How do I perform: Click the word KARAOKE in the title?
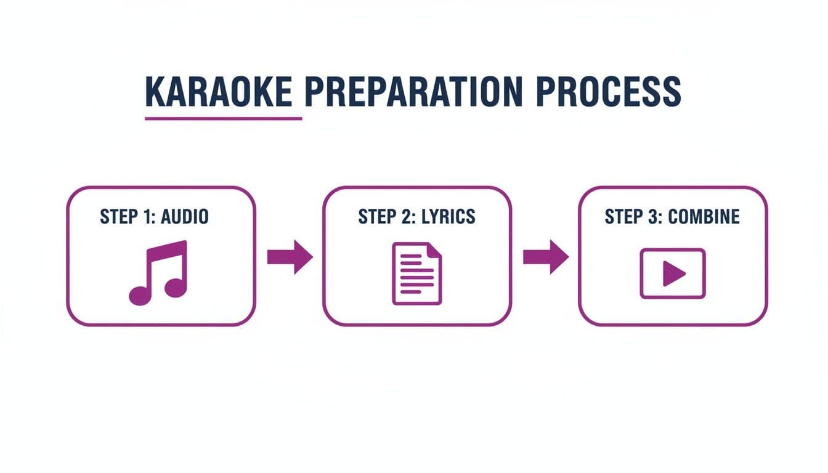click(218, 92)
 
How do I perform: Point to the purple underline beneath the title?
click(223, 118)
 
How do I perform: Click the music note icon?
click(158, 272)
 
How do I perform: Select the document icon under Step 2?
click(417, 273)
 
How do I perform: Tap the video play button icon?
click(672, 273)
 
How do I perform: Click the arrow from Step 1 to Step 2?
click(290, 256)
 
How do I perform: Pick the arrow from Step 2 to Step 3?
click(545, 256)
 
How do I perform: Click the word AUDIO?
click(183, 217)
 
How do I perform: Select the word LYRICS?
click(448, 217)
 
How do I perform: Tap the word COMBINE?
click(704, 217)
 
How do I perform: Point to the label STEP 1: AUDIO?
click(154, 217)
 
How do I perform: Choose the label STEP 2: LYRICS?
click(416, 217)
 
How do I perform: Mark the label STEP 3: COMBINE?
click(672, 217)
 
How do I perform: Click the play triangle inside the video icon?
click(673, 273)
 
